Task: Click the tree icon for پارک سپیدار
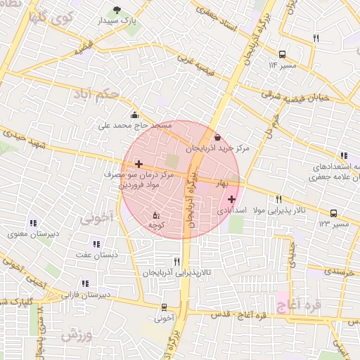point(117,10)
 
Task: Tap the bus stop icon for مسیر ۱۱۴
point(282,53)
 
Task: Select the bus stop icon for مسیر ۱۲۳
point(333,213)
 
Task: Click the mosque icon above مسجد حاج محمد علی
point(134,115)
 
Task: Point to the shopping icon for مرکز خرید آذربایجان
point(217,137)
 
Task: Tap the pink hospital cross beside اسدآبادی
point(232,200)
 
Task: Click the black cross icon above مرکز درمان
point(139,163)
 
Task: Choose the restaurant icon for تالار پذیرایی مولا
point(278,200)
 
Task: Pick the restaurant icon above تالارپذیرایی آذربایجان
point(176,262)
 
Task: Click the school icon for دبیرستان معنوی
point(32,223)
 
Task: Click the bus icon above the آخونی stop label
point(164,307)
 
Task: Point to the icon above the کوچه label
point(156,214)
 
